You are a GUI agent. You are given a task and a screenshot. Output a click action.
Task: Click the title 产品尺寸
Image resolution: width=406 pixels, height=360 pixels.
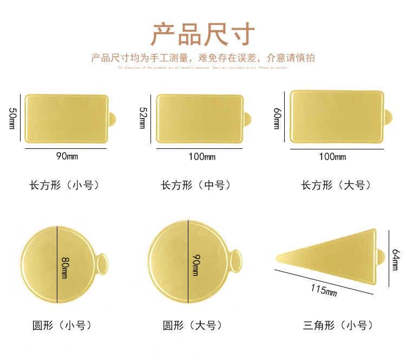coord(202,34)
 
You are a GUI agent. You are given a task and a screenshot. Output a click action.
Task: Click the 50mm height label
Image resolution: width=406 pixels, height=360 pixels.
coord(13,119)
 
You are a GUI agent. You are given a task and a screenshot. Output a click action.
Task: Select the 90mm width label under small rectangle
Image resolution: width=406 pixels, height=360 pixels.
coord(67,156)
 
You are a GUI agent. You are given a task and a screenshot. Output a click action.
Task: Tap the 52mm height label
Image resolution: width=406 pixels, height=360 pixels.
coord(143,118)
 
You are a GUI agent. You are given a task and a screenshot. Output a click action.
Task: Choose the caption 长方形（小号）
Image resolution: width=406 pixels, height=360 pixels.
coord(64,185)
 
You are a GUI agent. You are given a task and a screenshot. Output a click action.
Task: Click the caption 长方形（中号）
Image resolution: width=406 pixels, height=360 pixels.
coord(196,185)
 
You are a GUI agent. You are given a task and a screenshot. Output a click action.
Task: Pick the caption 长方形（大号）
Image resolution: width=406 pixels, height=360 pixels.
coord(336,185)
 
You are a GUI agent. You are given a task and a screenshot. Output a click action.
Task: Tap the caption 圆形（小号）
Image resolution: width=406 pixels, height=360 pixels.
coord(61,325)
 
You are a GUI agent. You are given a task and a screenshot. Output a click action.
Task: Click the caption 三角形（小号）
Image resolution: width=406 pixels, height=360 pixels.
coord(336,325)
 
